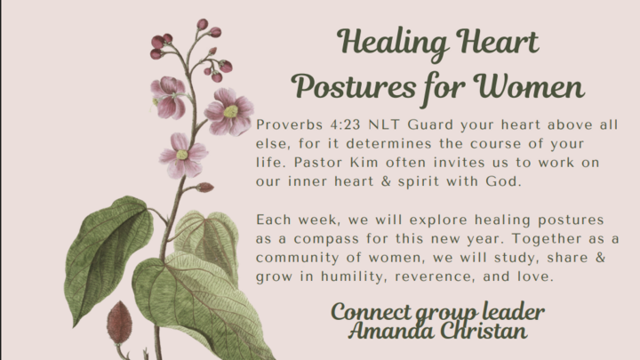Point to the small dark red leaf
tap(119, 322)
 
